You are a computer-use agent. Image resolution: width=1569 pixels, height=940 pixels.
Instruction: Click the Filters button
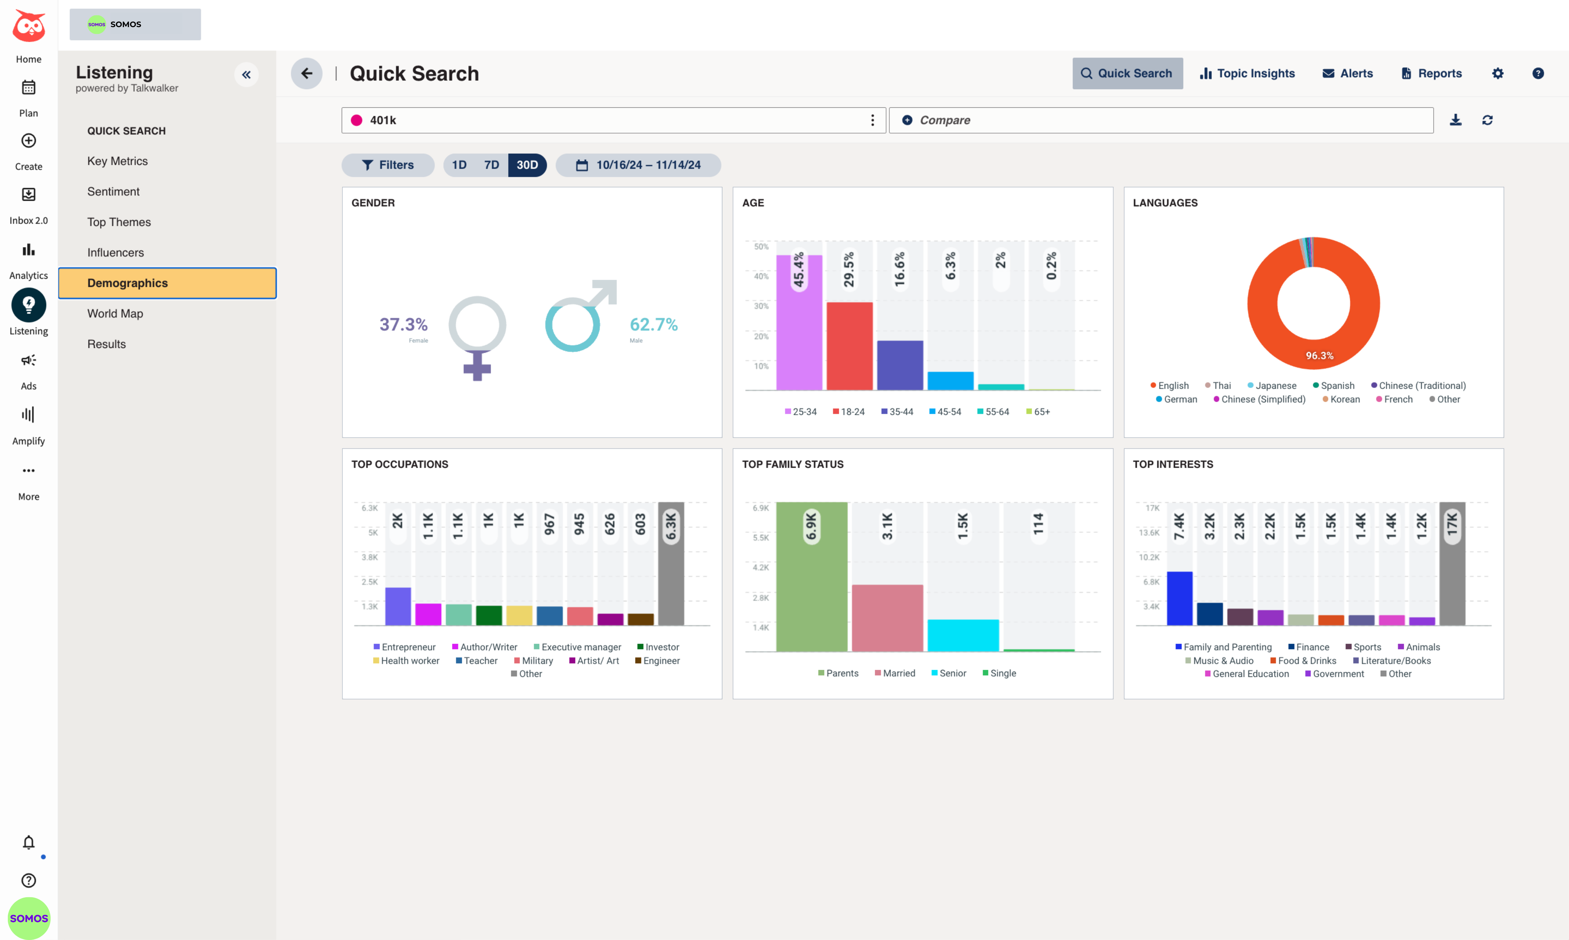click(388, 165)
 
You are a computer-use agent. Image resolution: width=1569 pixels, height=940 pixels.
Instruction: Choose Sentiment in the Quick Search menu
click(113, 191)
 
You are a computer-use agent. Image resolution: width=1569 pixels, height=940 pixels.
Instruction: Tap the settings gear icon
click(1498, 73)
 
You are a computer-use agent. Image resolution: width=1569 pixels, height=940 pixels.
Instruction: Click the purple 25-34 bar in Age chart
click(799, 323)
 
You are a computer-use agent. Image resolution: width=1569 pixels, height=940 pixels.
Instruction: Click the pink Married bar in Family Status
click(887, 618)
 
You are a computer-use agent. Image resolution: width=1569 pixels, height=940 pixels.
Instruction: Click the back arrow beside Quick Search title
click(306, 73)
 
